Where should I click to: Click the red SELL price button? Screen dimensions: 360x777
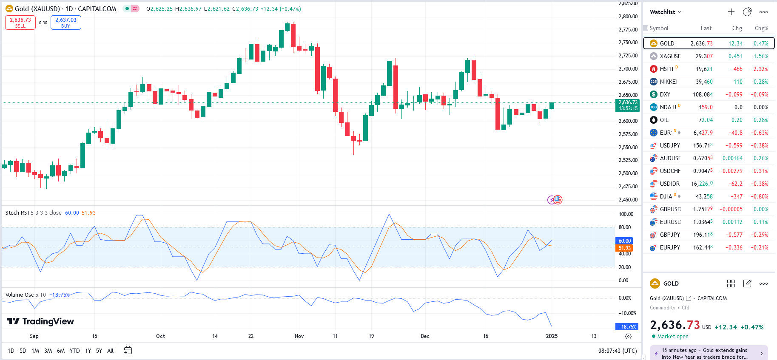20,23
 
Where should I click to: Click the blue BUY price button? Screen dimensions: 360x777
65,23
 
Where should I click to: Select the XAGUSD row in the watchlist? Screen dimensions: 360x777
670,56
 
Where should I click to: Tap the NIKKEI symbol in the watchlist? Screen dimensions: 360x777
669,82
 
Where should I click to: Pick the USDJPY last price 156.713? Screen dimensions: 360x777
703,145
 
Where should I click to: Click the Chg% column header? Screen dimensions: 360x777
761,28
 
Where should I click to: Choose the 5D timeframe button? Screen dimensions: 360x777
23,351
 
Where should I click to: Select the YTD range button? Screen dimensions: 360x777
74,351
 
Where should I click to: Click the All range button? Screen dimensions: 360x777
110,351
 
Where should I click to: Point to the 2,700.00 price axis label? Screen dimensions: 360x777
628,69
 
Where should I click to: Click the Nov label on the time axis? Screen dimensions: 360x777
299,336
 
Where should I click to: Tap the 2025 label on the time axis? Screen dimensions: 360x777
552,336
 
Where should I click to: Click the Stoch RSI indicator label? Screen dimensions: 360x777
17,213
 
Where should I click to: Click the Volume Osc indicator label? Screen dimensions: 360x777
19,295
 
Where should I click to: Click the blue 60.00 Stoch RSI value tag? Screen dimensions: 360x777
624,241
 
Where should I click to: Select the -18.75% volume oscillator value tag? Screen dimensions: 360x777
627,327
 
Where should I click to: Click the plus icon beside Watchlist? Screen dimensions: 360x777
731,12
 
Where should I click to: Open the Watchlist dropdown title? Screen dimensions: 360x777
665,12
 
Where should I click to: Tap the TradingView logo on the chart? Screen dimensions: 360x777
40,321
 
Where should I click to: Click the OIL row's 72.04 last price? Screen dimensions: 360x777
706,120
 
